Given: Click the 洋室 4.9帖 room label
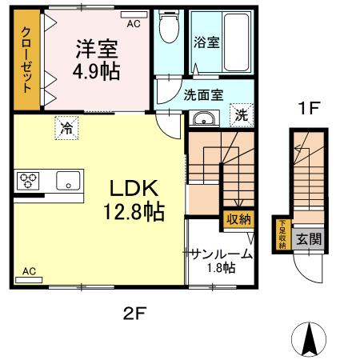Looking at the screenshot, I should [x=98, y=59].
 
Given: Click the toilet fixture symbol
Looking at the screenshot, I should [x=168, y=30].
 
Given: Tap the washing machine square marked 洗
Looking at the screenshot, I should [x=242, y=114].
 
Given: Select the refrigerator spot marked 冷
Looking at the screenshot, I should [x=66, y=126].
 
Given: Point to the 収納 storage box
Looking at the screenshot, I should [x=238, y=218].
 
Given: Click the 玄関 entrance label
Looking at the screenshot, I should [x=309, y=238].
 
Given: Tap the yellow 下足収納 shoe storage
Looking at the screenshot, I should [x=282, y=234].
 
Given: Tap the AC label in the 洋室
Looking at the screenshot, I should [x=132, y=24].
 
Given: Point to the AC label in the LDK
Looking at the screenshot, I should [x=30, y=271].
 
